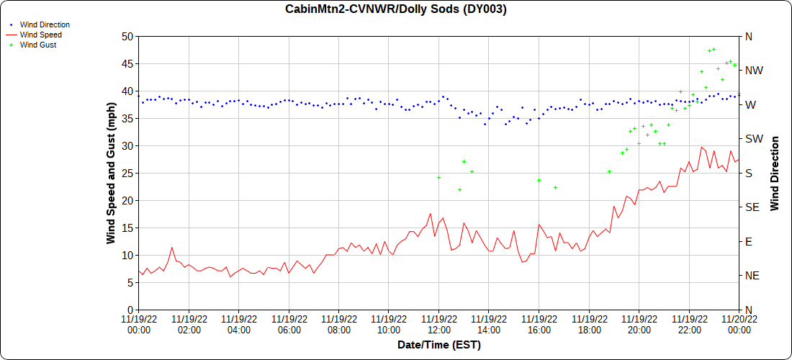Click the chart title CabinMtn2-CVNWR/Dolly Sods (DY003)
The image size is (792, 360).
(396, 9)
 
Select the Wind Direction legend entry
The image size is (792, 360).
(45, 24)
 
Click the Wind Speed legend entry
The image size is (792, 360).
(40, 35)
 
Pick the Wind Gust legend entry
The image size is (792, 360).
(38, 45)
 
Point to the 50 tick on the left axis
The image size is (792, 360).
(127, 37)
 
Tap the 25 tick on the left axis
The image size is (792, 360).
(127, 174)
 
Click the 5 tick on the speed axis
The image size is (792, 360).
(130, 283)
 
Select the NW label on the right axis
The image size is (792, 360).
(753, 71)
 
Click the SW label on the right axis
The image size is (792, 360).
(753, 139)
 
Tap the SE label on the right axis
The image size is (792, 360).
(752, 207)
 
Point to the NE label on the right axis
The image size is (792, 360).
(752, 276)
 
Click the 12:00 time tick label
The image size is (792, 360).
(438, 325)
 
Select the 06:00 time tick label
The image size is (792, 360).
(289, 325)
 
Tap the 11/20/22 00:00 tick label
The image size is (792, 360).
(739, 325)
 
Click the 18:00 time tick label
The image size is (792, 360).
(589, 325)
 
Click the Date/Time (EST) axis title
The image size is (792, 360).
(439, 345)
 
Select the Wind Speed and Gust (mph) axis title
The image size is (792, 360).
(111, 173)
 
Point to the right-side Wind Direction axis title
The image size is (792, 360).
(775, 173)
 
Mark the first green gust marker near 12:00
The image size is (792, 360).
(438, 177)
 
